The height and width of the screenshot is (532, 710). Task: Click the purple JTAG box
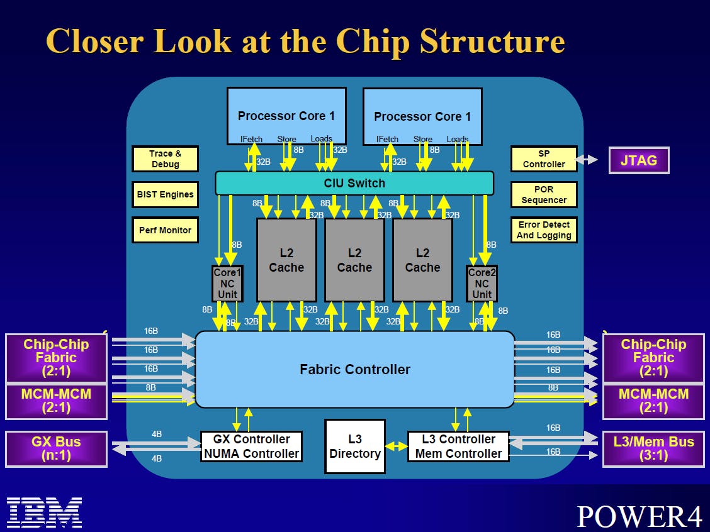[638, 160]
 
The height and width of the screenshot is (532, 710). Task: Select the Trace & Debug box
[165, 159]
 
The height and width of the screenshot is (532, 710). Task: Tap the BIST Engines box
[165, 194]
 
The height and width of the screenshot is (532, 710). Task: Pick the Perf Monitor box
[165, 230]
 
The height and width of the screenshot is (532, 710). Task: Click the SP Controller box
[544, 159]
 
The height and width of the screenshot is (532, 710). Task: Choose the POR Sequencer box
[544, 194]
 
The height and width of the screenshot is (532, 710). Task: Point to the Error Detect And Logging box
[544, 230]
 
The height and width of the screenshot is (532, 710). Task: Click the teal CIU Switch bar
[354, 183]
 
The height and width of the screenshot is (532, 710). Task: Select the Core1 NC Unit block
[227, 283]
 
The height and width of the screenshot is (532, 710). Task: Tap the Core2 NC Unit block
[482, 283]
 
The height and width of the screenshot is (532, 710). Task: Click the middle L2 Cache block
[354, 260]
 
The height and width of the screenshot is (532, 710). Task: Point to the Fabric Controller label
[354, 370]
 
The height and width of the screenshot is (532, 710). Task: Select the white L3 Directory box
[355, 446]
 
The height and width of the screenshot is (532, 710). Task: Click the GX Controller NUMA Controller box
[251, 446]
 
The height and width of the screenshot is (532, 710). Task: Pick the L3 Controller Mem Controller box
[458, 446]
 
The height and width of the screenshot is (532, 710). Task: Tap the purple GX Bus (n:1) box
[56, 449]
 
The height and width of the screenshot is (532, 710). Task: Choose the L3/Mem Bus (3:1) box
[653, 449]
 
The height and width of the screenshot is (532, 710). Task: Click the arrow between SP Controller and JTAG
[587, 160]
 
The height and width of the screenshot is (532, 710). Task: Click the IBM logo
[44, 512]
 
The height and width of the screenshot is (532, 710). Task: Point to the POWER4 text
[639, 516]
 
